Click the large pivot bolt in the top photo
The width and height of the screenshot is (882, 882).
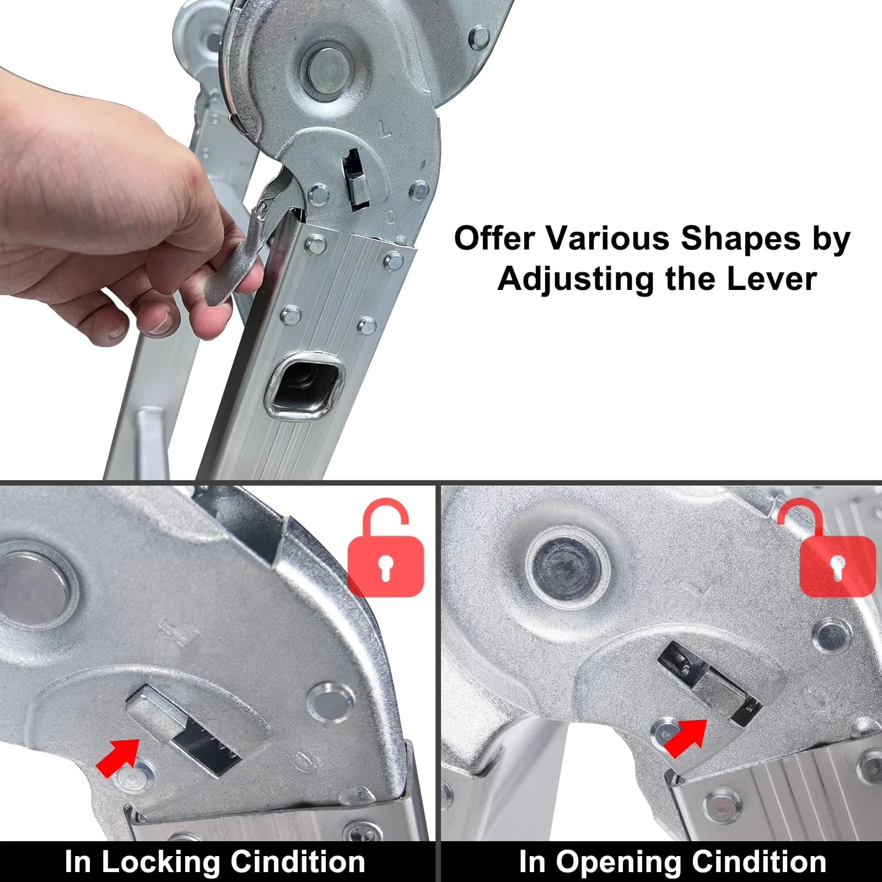pyautogui.click(x=330, y=70)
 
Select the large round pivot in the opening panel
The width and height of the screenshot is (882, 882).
pyautogui.click(x=568, y=567)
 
